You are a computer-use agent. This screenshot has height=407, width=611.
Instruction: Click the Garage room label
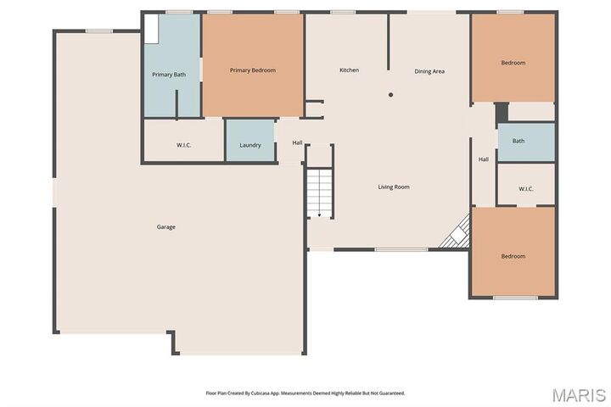coord(165,226)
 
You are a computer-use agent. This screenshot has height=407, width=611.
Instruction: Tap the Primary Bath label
coord(169,75)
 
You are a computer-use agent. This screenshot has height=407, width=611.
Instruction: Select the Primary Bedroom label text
coord(253,70)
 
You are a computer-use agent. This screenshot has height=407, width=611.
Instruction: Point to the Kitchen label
coord(349,70)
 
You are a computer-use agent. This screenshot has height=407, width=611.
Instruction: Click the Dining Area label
coord(429,71)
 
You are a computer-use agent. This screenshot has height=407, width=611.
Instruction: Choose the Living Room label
coord(394,187)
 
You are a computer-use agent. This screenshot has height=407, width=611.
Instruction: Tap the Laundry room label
coord(250,145)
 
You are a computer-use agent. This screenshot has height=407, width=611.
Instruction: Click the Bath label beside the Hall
coord(519,142)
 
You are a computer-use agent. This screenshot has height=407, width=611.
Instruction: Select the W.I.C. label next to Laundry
coord(184,145)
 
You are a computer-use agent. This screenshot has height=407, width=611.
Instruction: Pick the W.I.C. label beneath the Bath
coord(525,188)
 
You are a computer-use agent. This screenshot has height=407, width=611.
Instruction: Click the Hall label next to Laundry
coord(298,142)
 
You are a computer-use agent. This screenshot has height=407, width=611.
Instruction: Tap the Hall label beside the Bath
coord(484,159)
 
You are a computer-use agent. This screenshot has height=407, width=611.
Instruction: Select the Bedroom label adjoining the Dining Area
coord(513,63)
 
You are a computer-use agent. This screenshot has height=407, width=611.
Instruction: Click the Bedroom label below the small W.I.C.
coord(513,256)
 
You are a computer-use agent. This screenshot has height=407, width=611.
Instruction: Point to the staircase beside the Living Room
coord(320,193)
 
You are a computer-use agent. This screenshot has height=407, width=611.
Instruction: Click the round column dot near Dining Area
coord(390,95)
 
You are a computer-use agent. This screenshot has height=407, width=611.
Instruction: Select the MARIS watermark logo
coord(578,395)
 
